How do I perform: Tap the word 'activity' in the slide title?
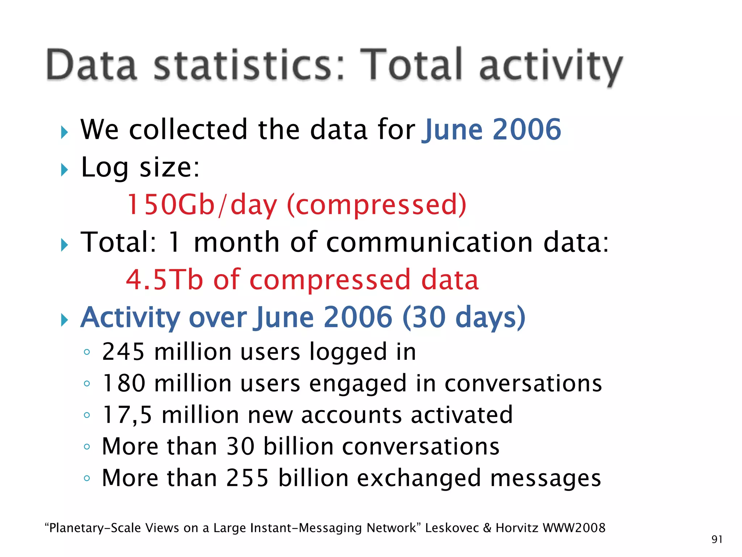551,67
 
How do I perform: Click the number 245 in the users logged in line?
124,352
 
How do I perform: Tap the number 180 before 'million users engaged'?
124,383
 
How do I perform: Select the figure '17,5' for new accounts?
127,415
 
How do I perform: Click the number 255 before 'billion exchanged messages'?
247,478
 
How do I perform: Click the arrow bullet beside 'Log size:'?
64,170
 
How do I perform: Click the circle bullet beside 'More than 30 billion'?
87,447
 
